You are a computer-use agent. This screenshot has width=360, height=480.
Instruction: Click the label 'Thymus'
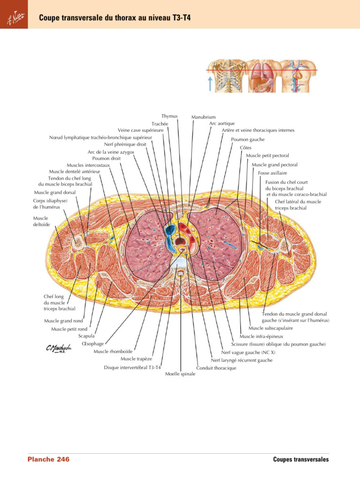pyautogui.click(x=169, y=116)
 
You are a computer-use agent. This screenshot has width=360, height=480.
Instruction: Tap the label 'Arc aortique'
pyautogui.click(x=222, y=123)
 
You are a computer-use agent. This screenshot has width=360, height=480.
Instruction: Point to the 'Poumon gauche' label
pyautogui.click(x=247, y=139)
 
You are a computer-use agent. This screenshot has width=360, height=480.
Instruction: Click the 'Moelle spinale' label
pyautogui.click(x=180, y=374)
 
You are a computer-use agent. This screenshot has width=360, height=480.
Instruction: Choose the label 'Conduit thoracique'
pyautogui.click(x=216, y=368)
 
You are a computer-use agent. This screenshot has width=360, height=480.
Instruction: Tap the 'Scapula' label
pyautogui.click(x=86, y=336)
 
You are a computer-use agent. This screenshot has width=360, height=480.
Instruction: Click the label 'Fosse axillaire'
pyautogui.click(x=272, y=173)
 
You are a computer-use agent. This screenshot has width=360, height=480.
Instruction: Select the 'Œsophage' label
pyautogui.click(x=92, y=344)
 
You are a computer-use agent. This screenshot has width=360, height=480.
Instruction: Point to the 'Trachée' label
pyautogui.click(x=159, y=124)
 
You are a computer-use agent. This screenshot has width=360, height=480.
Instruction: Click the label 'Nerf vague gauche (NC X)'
pyautogui.click(x=248, y=352)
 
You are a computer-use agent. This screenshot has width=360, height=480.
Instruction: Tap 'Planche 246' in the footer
pyautogui.click(x=48, y=459)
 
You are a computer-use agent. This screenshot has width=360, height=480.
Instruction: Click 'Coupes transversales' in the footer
pyautogui.click(x=301, y=459)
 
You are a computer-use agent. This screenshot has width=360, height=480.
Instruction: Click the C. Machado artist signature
pyautogui.click(x=58, y=349)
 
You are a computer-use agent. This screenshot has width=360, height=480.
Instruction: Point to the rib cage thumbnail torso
pyautogui.click(x=226, y=76)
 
